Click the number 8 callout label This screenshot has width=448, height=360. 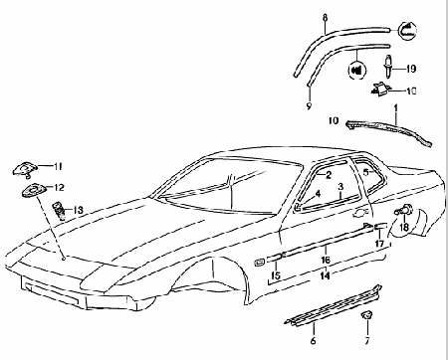pyautogui.click(x=325, y=18)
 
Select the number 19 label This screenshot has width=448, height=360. pyautogui.click(x=412, y=68)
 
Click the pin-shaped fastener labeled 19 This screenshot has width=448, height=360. pyautogui.click(x=387, y=66)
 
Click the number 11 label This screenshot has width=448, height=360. pyautogui.click(x=58, y=165)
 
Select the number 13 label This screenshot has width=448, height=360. pyautogui.click(x=80, y=210)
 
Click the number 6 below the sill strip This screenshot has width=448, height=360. pyautogui.click(x=313, y=340)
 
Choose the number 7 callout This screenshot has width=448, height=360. pyautogui.click(x=367, y=339)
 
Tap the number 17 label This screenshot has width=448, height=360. pyautogui.click(x=378, y=243)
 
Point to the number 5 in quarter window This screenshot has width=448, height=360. pyautogui.click(x=365, y=171)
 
